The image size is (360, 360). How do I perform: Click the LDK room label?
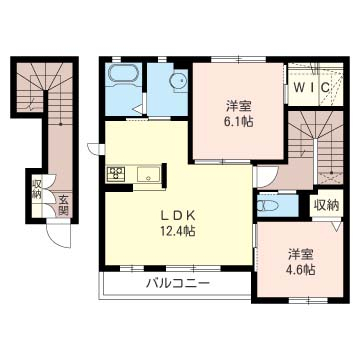178,216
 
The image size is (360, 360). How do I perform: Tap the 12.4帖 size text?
178,231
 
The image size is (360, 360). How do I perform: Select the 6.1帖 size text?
238,122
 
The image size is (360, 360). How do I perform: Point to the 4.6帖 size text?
301,269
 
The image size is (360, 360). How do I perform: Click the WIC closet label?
313,87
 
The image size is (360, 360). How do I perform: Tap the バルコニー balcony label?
179,284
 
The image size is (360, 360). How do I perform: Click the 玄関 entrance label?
63,205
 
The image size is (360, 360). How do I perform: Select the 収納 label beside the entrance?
37,190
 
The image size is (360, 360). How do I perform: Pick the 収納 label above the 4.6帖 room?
326,205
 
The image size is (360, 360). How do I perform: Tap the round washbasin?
178,80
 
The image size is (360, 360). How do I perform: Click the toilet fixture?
269,206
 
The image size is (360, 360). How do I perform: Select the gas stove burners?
116,174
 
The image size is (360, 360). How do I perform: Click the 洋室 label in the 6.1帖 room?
238,107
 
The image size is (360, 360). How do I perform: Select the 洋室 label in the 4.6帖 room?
301,255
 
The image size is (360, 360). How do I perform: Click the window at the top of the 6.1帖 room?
239,60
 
